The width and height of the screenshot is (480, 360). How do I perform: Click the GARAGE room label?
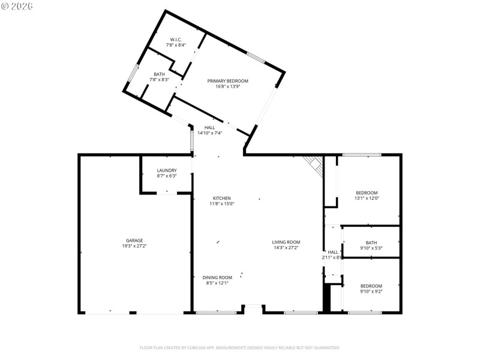(134, 241)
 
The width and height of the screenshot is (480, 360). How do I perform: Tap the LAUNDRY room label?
(166, 170)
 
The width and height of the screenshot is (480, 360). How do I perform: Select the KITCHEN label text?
(221, 198)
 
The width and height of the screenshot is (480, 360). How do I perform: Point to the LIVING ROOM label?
(286, 242)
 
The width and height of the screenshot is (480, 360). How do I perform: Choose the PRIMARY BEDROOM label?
(227, 81)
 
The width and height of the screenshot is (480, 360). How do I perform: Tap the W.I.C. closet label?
(176, 40)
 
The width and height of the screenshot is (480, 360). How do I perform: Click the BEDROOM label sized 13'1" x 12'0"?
(367, 193)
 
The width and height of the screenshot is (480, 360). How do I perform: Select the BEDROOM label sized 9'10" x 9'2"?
(371, 286)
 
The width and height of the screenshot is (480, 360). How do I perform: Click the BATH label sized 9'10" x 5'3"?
(371, 242)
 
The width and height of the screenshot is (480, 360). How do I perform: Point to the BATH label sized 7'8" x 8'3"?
(159, 74)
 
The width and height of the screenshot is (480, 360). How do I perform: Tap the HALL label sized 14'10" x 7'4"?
(209, 127)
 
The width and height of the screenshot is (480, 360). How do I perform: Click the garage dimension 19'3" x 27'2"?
(134, 246)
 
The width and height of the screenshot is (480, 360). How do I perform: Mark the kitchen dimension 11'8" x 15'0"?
(221, 204)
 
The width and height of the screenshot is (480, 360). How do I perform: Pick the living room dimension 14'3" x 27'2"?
(286, 247)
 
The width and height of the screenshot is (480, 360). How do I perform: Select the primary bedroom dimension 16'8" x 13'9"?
(227, 87)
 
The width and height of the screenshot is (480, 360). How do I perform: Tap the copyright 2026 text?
(17, 5)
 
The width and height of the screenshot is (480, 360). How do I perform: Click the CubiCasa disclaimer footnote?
(240, 347)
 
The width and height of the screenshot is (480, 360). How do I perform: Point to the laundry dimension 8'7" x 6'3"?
(166, 176)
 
